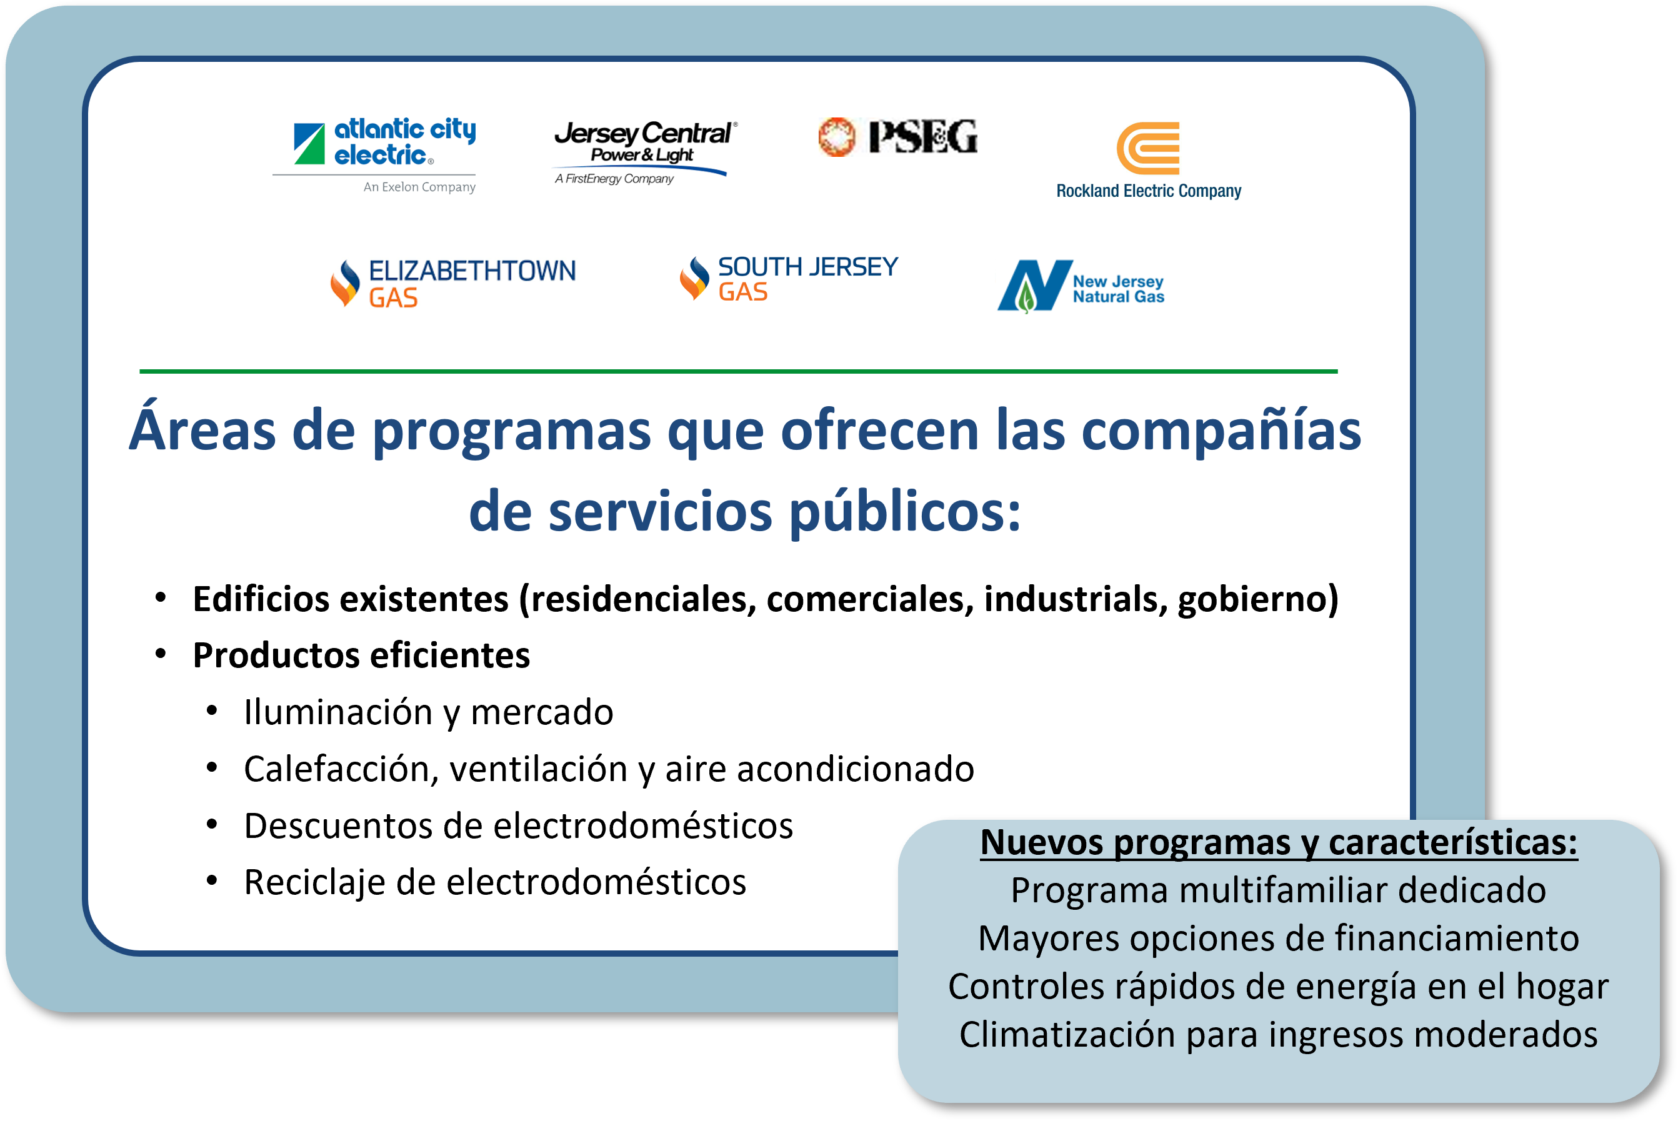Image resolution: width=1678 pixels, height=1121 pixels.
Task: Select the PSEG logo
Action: coord(898,137)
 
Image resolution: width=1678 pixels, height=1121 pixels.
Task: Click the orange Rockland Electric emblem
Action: coord(1148,148)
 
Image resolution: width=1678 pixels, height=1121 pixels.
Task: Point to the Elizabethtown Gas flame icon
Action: coord(346,283)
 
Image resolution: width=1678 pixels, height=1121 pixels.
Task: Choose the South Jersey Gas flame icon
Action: coord(694,278)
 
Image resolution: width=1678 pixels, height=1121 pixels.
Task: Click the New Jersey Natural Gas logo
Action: coord(1081,287)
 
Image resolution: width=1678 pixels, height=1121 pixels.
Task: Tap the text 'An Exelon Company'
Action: coord(420,187)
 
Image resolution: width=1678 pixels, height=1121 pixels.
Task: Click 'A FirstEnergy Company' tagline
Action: coord(614,179)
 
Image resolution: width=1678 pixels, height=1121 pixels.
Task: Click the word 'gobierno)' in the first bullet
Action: coord(1258,599)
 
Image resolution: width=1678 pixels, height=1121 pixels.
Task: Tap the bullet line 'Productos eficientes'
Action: coord(362,655)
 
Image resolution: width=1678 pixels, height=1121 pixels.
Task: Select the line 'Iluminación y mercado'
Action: coord(428,713)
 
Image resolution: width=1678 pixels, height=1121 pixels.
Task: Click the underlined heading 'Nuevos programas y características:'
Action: coord(1278,843)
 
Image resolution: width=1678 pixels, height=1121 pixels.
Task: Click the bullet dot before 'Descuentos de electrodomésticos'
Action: coord(212,824)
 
